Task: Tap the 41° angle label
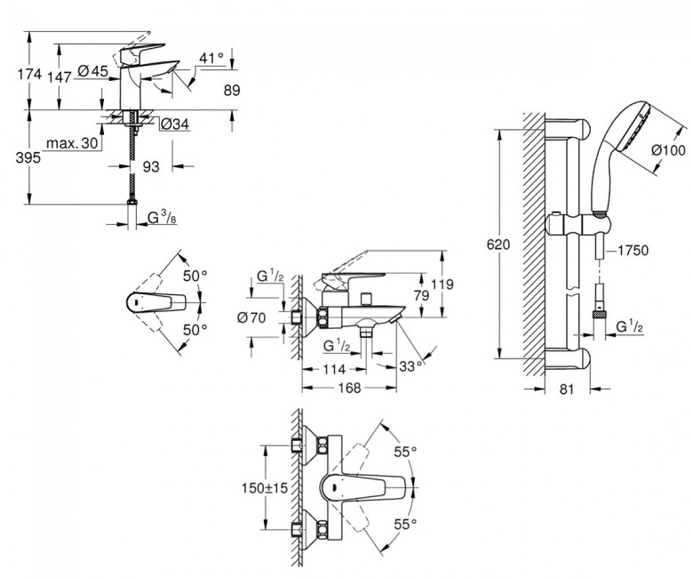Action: point(211,60)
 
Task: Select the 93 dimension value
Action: point(151,165)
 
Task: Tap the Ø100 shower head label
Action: point(667,151)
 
